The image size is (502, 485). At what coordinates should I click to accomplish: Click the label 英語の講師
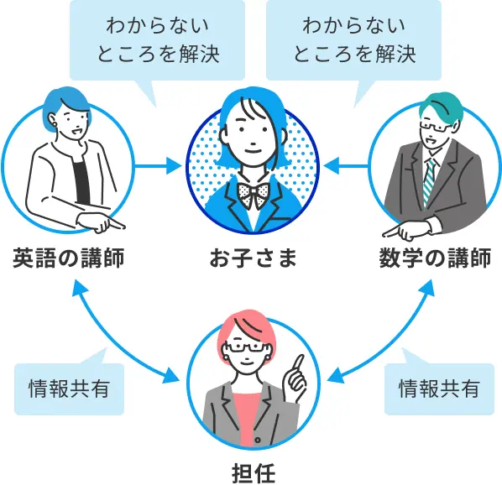coord(69,258)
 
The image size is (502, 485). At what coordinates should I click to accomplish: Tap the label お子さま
coord(254,258)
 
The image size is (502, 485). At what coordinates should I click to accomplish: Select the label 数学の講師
coord(435,258)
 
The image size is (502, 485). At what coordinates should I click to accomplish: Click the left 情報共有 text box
coord(69,389)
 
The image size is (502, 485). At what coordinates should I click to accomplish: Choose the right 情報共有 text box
coord(439,389)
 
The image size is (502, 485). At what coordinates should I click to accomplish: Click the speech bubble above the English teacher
coord(157,40)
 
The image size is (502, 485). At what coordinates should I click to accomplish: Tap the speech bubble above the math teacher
coord(353,40)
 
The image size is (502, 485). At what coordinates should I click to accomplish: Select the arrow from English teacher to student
coord(158,166)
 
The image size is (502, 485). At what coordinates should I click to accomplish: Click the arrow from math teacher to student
coord(347,166)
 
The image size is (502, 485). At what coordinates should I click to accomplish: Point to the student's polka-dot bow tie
coord(253,193)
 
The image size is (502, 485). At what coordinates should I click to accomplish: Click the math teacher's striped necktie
coord(429,183)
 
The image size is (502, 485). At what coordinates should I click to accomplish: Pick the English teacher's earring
coord(55,123)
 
